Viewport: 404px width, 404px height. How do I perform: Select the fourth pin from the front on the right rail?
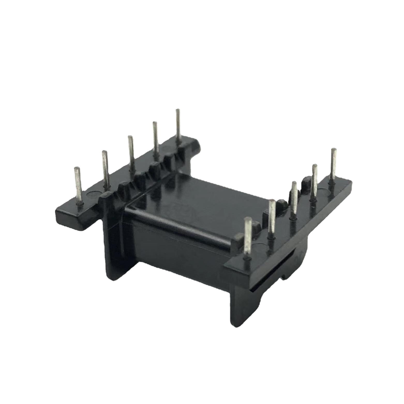coord(315,183)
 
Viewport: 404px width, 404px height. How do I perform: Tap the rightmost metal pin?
coord(333,166)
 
